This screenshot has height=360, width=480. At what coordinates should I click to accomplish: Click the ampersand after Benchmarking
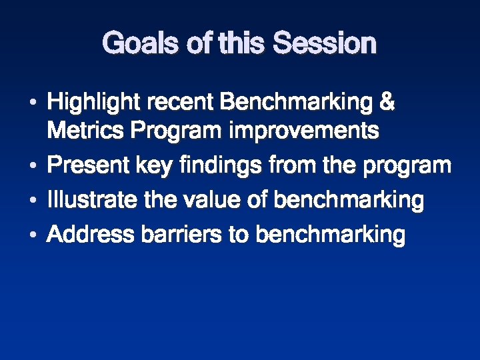point(386,103)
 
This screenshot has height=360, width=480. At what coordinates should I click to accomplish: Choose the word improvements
point(304,131)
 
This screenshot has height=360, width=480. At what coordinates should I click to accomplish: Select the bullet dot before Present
point(32,166)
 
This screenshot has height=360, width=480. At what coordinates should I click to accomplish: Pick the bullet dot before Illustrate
point(32,201)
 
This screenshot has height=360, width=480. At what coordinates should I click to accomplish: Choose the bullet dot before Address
point(32,235)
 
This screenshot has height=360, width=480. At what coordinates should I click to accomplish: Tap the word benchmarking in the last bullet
point(330,235)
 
